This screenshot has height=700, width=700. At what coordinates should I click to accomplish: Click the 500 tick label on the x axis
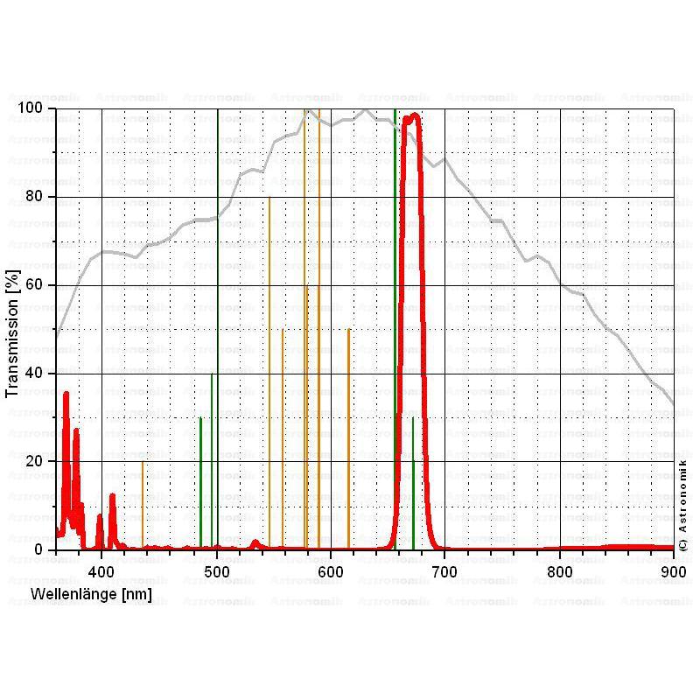point(217,570)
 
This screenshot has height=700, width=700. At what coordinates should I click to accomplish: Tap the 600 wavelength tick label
point(331,570)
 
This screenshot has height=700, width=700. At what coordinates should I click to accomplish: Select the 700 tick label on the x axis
point(445,570)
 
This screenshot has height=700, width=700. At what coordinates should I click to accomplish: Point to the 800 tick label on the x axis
point(559,570)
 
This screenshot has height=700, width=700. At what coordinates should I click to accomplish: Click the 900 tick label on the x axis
point(673,570)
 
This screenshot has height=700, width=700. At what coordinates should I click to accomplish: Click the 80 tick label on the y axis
point(35,197)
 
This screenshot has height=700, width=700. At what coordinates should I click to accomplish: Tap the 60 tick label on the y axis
point(35,285)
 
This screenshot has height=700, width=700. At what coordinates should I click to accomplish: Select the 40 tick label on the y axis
point(35,374)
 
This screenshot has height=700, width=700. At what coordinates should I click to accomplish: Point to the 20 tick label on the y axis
point(35,461)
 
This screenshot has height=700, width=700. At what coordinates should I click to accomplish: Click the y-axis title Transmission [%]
point(13,332)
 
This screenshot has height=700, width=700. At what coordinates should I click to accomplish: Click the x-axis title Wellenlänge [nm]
point(91,595)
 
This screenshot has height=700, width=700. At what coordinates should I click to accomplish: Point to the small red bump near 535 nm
point(255,542)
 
